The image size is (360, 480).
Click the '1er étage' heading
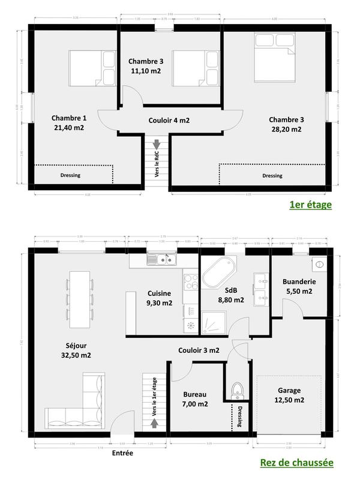[310, 205]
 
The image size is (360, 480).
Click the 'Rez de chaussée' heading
[296, 463]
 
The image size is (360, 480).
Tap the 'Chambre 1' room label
[68, 118]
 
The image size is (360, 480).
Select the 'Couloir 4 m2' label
[169, 120]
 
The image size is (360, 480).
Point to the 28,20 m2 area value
[285, 129]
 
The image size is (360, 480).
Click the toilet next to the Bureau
[236, 389]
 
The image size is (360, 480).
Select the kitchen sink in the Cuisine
[163, 260]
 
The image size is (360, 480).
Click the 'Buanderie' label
[299, 281]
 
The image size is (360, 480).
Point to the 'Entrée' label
[122, 453]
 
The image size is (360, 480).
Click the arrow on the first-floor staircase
[157, 144]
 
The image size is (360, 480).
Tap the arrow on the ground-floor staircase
[156, 423]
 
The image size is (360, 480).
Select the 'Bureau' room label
[195, 394]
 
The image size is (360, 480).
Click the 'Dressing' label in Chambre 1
[70, 175]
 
